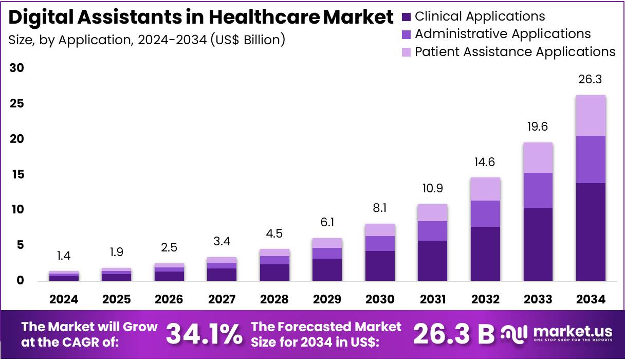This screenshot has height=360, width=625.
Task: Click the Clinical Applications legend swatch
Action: point(406,16)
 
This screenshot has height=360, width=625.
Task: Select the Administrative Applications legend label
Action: point(503,34)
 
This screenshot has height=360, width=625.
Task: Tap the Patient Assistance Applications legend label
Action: point(515,51)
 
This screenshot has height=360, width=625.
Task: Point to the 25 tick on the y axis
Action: point(17,104)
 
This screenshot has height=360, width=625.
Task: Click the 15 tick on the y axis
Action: point(17,175)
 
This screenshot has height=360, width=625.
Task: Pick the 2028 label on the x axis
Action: point(274,299)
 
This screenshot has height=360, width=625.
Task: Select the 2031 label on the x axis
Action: point(432,299)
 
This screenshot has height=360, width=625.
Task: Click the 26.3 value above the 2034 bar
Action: point(590,80)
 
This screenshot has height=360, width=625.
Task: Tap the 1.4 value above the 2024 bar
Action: point(64,256)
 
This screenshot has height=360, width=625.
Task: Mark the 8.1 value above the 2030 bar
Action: point(379,208)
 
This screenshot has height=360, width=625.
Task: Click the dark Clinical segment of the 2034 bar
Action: point(590,231)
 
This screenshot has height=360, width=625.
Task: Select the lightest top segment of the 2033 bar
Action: point(538,157)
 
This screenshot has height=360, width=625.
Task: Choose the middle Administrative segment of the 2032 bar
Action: point(485,213)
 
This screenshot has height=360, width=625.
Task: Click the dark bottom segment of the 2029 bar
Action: point(327,269)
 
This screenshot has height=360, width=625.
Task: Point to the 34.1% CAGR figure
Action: point(204,335)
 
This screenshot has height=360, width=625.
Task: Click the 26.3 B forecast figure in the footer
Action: point(453,335)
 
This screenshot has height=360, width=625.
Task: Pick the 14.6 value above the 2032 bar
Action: point(485,162)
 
